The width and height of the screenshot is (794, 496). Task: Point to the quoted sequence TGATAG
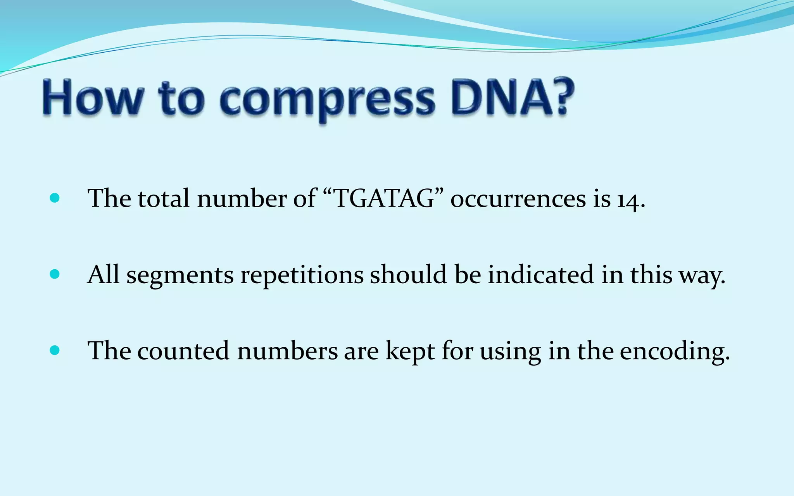[383, 198]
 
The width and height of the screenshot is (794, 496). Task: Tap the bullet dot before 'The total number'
[55, 198]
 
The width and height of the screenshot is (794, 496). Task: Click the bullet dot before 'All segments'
[55, 274]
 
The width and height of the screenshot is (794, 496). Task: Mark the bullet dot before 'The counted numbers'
[55, 351]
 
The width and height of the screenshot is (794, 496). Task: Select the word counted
[183, 351]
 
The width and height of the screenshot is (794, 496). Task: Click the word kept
[410, 352]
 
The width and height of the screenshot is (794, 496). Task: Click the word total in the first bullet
[164, 198]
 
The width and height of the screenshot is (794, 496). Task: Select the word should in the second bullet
[408, 274]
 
